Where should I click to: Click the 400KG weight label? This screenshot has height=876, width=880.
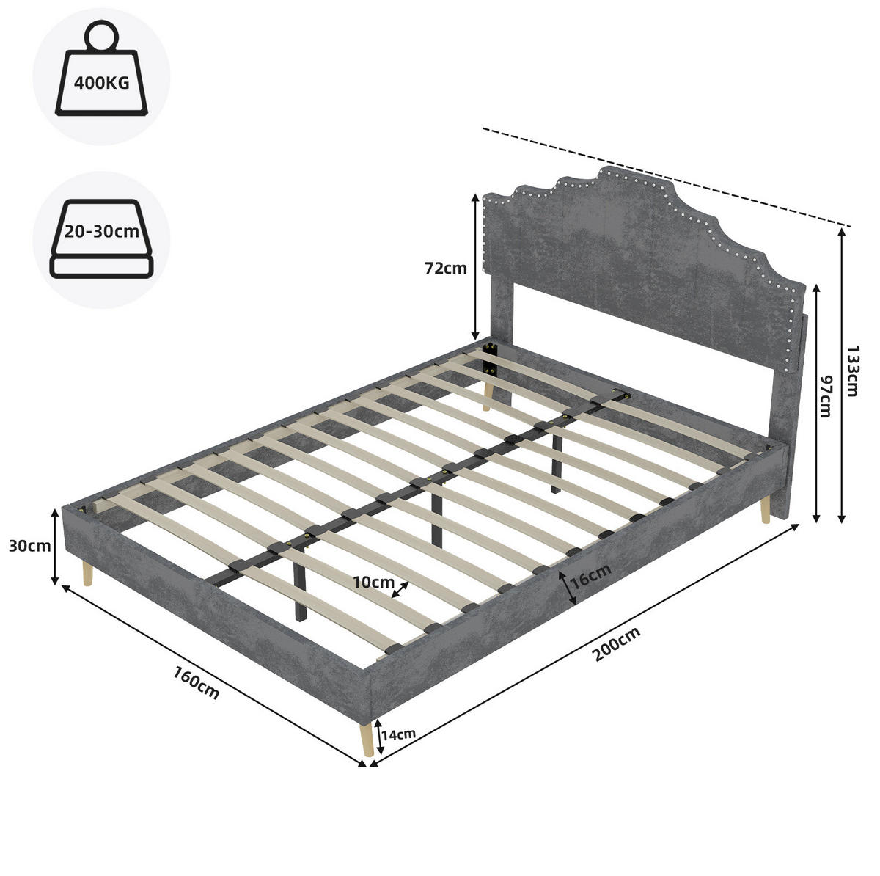(x=101, y=83)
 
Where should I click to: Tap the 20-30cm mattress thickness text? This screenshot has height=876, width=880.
(x=101, y=232)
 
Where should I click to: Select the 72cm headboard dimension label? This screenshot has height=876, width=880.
(x=446, y=269)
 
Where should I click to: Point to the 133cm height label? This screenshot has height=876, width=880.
(x=852, y=371)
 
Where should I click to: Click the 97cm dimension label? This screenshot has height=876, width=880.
(x=826, y=397)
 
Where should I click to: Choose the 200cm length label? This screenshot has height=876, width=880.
(x=617, y=644)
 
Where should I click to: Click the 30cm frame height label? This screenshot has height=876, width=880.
(x=29, y=546)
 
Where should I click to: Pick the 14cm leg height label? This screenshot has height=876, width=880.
(x=399, y=747)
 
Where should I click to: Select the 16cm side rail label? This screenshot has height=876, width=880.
(x=591, y=577)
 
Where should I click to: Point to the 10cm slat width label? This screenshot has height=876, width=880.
(x=373, y=583)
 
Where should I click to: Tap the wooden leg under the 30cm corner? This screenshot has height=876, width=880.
(x=87, y=574)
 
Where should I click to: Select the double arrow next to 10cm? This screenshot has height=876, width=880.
(x=400, y=589)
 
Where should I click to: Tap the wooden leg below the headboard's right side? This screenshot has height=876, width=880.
(x=764, y=510)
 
